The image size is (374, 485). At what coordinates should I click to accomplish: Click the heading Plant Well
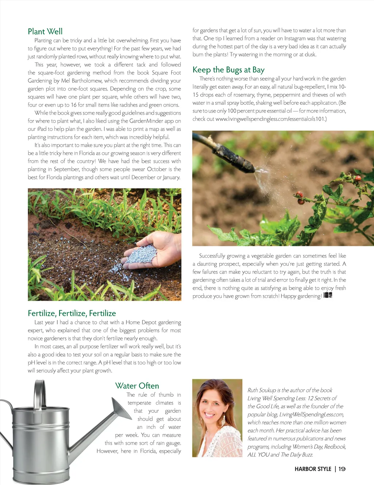click(x=45, y=31)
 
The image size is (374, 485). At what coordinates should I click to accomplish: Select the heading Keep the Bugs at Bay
click(x=228, y=70)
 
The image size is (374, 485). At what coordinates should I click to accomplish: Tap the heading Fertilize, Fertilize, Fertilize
click(x=72, y=313)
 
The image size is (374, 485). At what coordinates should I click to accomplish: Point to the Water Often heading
click(x=137, y=386)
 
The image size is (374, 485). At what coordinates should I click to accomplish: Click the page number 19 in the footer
click(x=342, y=469)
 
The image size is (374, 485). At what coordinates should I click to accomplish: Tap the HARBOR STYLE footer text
click(x=313, y=469)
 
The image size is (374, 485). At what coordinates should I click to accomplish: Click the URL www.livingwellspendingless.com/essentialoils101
click(x=271, y=119)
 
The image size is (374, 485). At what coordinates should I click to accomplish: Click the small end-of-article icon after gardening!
click(x=328, y=295)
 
